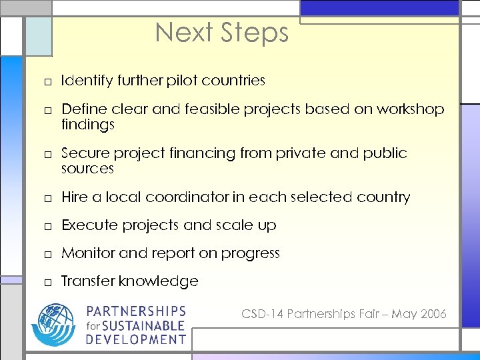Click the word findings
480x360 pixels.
point(88,125)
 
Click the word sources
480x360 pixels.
point(87,169)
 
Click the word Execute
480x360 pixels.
point(88,225)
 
